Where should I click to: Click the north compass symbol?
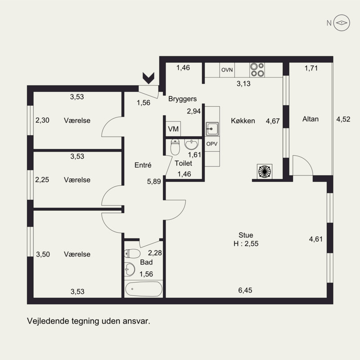point(342,23)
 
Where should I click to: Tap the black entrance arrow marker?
point(148,78)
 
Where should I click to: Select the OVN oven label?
point(227,70)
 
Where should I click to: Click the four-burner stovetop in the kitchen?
point(257,70)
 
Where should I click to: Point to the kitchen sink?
point(212,129)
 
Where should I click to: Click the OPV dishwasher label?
point(212,144)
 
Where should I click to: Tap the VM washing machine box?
point(173,129)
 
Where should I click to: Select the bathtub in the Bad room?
point(144,289)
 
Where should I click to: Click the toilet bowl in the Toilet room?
point(175,147)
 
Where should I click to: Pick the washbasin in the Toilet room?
point(191,144)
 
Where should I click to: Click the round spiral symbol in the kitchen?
point(265,171)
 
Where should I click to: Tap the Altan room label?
point(310,119)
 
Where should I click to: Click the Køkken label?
point(243,121)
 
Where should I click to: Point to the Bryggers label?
point(183,99)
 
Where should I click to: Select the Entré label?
point(143,165)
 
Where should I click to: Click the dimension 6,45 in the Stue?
point(245,290)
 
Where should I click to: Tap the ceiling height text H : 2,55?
point(246,243)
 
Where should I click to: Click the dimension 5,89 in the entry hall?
point(154,182)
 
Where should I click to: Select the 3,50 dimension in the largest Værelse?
point(43,254)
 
